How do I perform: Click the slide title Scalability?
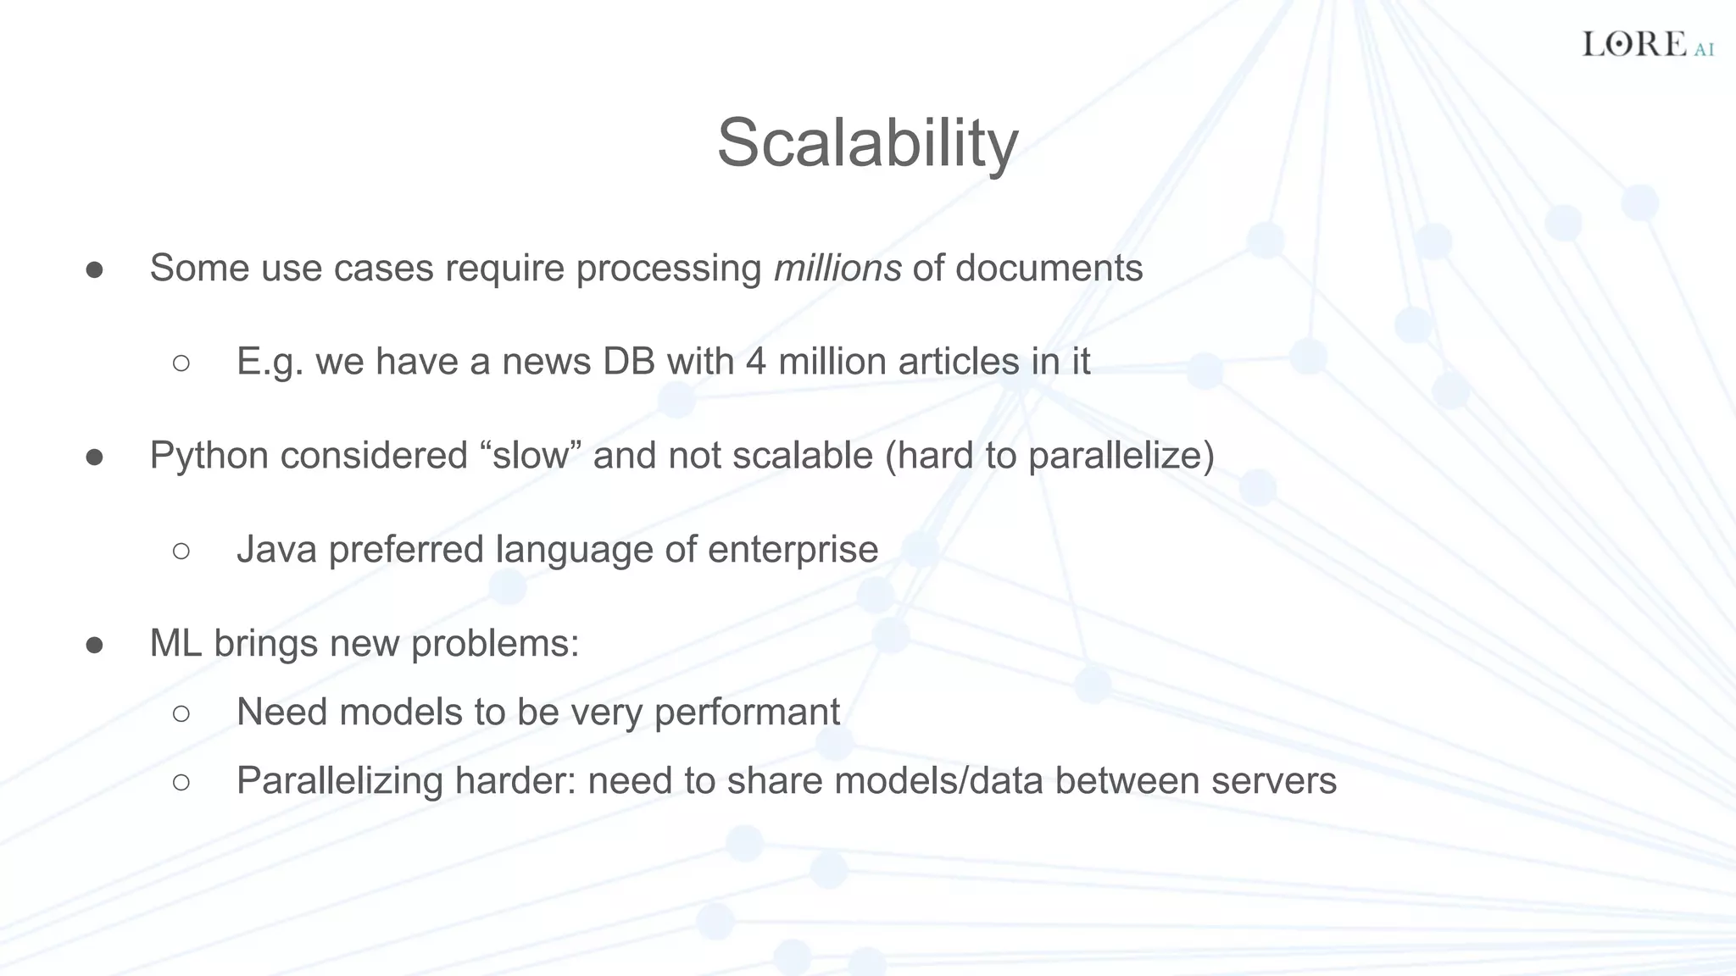(867, 142)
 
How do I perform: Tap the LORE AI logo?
(1647, 44)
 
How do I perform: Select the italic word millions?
(837, 269)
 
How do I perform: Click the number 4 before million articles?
(756, 362)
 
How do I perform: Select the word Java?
(276, 549)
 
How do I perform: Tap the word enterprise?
(793, 550)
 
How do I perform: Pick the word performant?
(747, 713)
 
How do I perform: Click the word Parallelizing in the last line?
(339, 781)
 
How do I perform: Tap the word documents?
(1049, 269)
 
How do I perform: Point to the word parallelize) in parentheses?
(1121, 456)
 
